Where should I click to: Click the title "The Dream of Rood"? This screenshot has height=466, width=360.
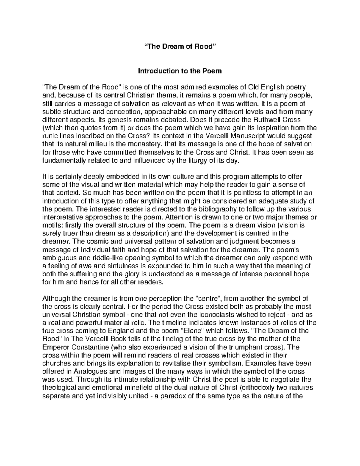click(x=180, y=47)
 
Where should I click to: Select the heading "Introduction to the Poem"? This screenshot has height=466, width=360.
click(x=180, y=71)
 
